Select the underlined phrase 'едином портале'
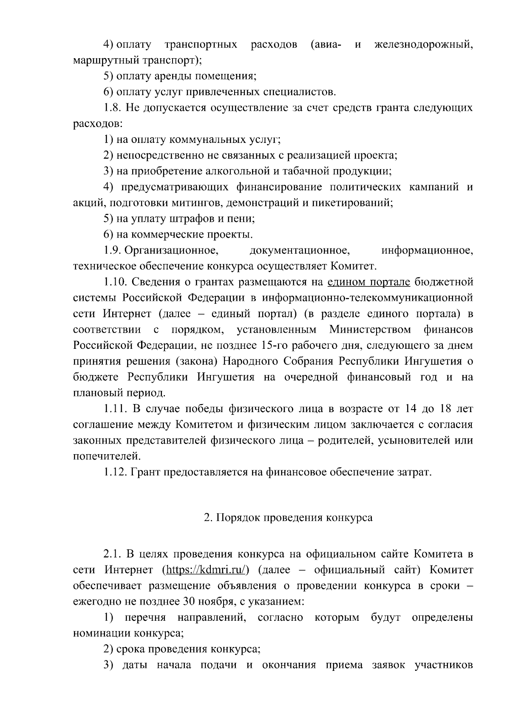point(369,282)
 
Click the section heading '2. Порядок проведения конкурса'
point(288,517)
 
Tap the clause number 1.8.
point(113,108)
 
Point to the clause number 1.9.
point(113,251)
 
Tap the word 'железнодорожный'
point(423,45)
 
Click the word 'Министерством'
point(370,330)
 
